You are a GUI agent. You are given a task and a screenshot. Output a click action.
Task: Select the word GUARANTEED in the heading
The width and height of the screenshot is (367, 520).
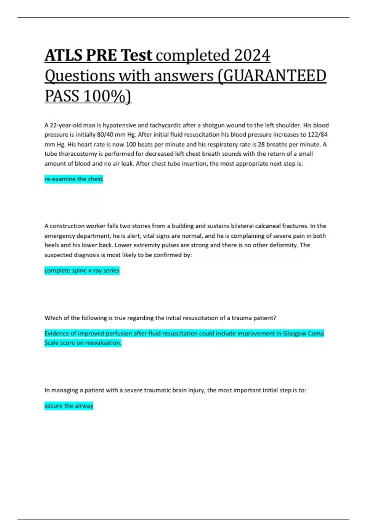click(x=275, y=76)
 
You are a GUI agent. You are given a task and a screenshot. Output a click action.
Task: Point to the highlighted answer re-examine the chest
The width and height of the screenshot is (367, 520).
click(x=73, y=179)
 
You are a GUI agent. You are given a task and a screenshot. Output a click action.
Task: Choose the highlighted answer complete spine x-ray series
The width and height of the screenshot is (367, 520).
click(x=82, y=271)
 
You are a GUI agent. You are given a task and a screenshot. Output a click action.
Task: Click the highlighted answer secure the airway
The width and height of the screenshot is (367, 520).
click(x=69, y=406)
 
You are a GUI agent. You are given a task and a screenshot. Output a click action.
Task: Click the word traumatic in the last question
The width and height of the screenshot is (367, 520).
click(x=150, y=390)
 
